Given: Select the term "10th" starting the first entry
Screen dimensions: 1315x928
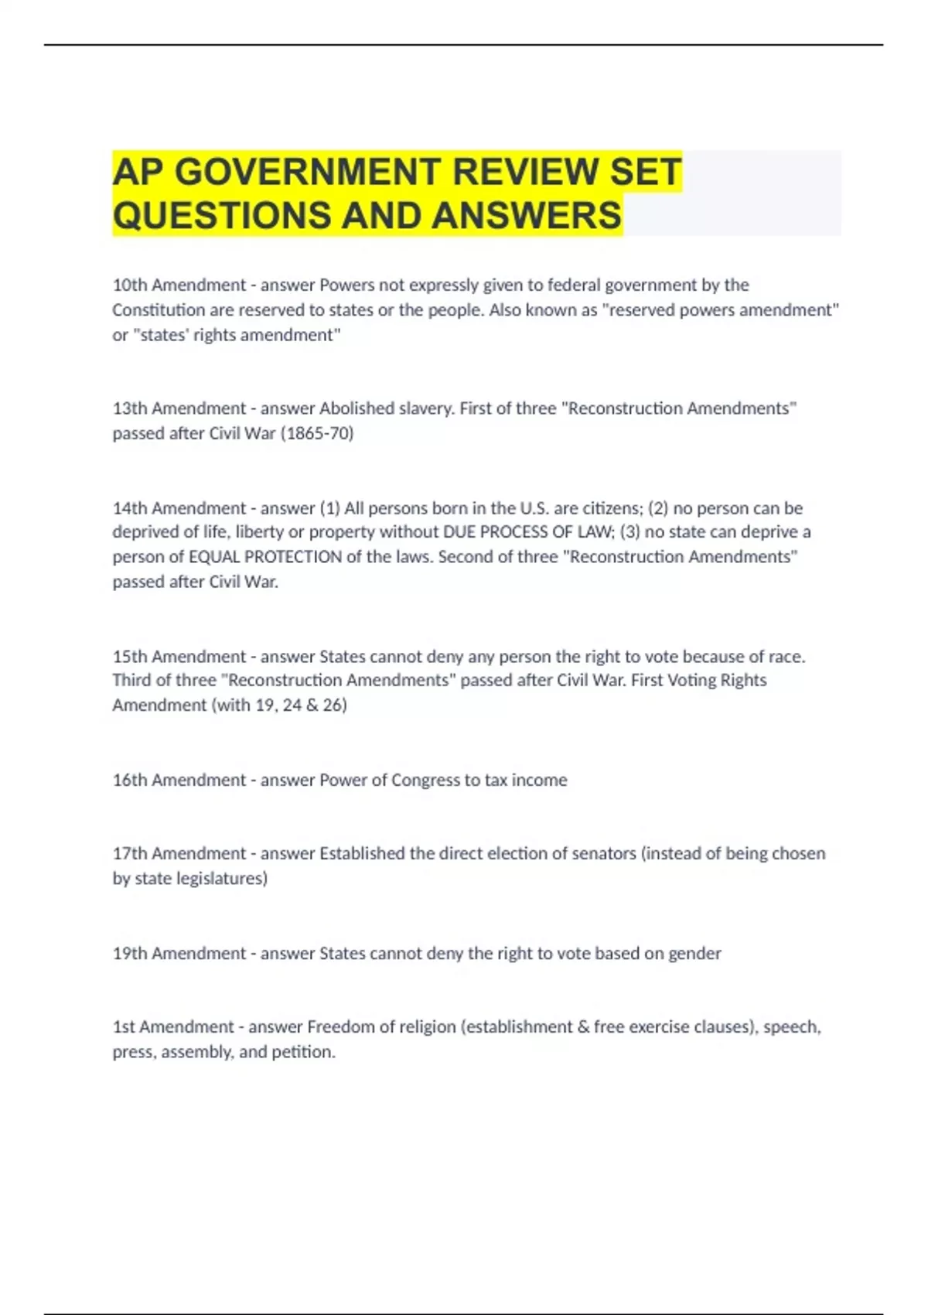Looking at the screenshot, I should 129,285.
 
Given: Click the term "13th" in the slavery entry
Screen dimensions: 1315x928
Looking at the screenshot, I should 129,408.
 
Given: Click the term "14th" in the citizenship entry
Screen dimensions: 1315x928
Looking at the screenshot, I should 129,508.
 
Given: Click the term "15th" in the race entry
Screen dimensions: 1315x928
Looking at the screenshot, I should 129,657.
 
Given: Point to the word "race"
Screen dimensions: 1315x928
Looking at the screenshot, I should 786,657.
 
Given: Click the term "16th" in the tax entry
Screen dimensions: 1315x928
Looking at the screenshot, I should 129,780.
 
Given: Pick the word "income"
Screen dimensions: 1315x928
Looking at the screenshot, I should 539,780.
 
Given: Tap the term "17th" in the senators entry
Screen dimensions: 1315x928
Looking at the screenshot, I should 129,853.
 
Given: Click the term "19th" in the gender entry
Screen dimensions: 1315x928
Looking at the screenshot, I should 129,953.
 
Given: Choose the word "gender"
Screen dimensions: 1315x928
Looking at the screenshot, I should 694,953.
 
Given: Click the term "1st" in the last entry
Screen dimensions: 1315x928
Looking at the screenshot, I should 124,1026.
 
